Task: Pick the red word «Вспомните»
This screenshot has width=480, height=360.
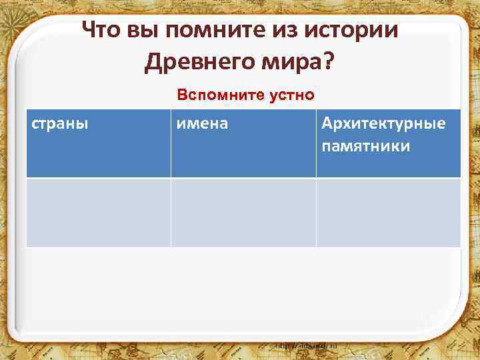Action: tap(209, 95)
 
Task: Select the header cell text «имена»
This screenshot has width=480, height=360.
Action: tap(202, 124)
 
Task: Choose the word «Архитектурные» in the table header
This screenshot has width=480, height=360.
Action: tap(383, 124)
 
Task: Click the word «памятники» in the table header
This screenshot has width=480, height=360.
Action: tap(365, 146)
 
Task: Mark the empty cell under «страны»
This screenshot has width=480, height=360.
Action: tap(99, 213)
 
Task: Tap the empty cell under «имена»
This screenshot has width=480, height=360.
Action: tap(243, 213)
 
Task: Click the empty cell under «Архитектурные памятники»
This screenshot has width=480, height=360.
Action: tap(388, 213)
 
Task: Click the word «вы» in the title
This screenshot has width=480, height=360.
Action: tap(145, 30)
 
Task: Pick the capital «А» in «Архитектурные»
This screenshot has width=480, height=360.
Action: tap(327, 124)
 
